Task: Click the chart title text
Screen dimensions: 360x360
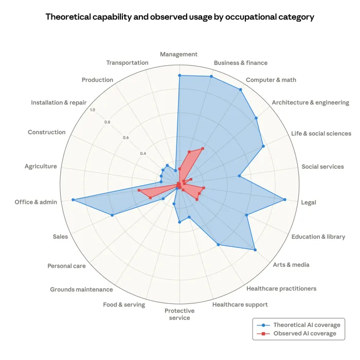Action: pyautogui.click(x=179, y=16)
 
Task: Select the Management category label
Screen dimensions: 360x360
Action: pyautogui.click(x=178, y=54)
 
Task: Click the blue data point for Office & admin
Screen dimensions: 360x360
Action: pyautogui.click(x=73, y=200)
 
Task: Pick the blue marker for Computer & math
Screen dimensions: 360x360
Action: pyautogui.click(x=240, y=89)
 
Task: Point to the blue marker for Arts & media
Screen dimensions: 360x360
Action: pyautogui.click(x=255, y=250)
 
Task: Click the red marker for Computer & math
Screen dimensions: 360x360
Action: pyautogui.click(x=202, y=149)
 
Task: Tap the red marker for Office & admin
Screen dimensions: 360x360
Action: pyautogui.click(x=139, y=191)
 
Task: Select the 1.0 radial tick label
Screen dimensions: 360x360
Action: pyautogui.click(x=92, y=110)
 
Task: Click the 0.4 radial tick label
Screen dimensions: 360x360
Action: pyautogui.click(x=142, y=153)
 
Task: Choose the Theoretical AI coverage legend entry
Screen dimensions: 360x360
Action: pyautogui.click(x=307, y=325)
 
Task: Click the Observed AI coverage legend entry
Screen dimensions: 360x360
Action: pyautogui.click(x=304, y=334)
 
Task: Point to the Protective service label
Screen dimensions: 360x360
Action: pyautogui.click(x=179, y=314)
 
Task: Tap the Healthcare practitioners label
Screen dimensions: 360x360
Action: pyautogui.click(x=281, y=289)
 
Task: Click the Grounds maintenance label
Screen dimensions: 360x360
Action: pyautogui.click(x=81, y=290)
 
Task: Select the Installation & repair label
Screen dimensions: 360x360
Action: pyautogui.click(x=59, y=103)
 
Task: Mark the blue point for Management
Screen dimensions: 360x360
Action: pyautogui.click(x=179, y=76)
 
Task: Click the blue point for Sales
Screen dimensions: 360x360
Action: pyautogui.click(x=112, y=215)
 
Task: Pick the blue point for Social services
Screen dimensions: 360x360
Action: pyautogui.click(x=240, y=176)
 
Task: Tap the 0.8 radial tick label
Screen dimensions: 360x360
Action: pyautogui.click(x=107, y=122)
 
